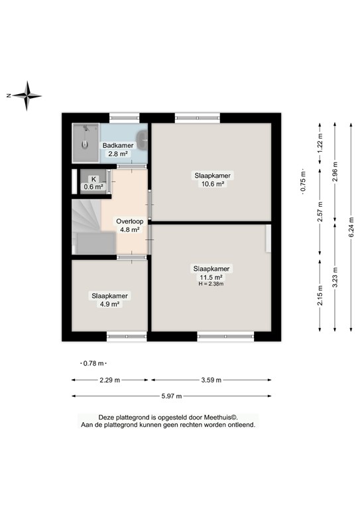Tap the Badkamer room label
(117, 145)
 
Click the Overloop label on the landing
(129, 221)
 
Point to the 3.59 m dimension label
(211, 380)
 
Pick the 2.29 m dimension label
(110, 380)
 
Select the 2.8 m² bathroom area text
(118, 153)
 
